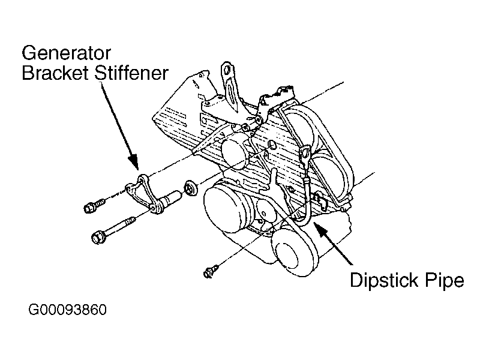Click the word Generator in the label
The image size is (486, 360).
pyautogui.click(x=71, y=52)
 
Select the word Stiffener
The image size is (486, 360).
pyautogui.click(x=131, y=74)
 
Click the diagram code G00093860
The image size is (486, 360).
pyautogui.click(x=67, y=311)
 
